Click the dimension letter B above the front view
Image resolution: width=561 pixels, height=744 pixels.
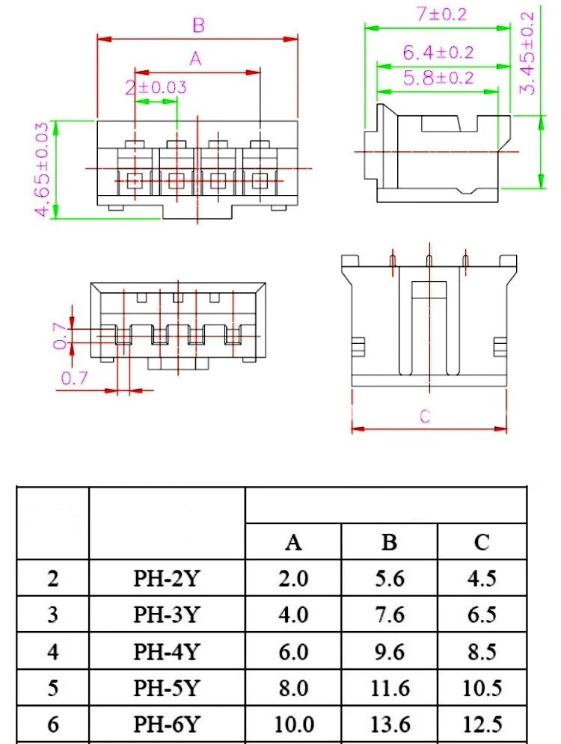point(198,26)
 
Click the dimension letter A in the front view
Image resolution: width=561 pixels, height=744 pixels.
point(195,59)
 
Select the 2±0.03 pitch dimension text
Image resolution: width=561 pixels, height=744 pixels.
point(156,87)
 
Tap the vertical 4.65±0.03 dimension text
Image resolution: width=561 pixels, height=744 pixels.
point(43,170)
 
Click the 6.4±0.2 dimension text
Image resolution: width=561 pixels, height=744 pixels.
point(438,52)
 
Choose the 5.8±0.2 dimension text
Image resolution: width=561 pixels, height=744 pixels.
point(438,78)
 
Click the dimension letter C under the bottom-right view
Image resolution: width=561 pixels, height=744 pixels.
point(425,416)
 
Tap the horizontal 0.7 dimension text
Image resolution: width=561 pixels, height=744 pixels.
point(74,378)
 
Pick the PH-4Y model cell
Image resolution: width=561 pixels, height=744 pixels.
point(167,652)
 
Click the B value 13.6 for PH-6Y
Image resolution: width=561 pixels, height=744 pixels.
point(389,725)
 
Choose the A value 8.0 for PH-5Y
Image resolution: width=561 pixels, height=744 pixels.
point(293,689)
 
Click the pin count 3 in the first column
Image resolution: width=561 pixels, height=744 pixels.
point(52,615)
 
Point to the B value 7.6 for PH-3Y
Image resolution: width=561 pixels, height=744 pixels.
point(389,615)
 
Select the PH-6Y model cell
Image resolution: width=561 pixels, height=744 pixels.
point(167,725)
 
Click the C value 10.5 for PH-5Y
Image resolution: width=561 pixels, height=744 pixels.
point(482,689)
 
